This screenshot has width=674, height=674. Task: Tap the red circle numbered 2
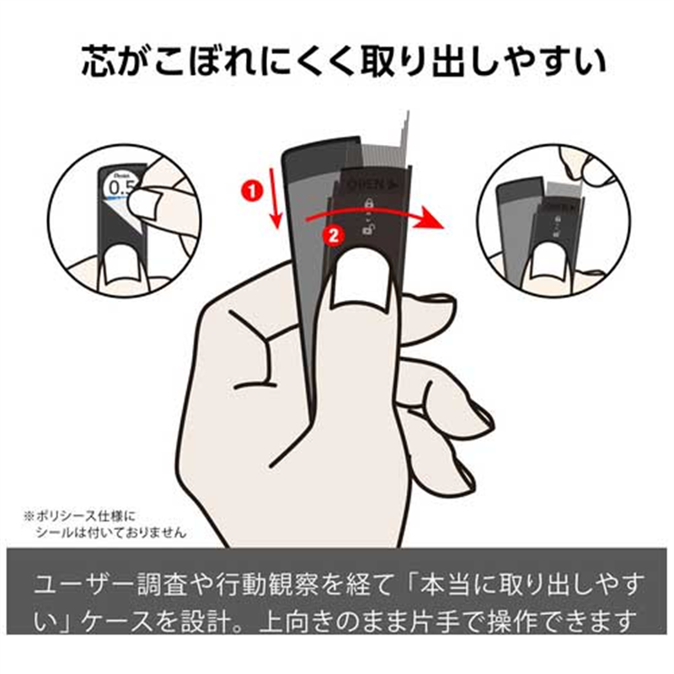pyautogui.click(x=333, y=237)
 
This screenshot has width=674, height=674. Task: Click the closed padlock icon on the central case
pyautogui.click(x=368, y=203)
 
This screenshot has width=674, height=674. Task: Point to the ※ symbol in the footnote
pyautogui.click(x=28, y=513)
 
